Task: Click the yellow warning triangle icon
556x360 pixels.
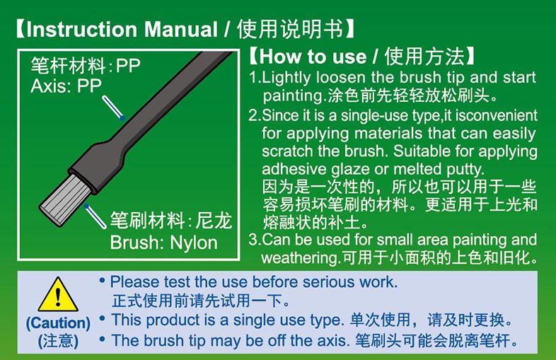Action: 58,295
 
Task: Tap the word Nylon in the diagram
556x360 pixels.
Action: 194,243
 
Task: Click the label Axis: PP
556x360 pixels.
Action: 66,86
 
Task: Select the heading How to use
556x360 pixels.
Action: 313,57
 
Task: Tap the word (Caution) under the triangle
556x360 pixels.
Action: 58,323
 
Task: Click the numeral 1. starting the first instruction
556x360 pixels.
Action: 255,77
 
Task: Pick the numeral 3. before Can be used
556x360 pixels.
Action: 255,240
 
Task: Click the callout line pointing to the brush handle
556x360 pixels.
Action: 113,108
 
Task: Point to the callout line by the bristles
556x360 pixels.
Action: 95,216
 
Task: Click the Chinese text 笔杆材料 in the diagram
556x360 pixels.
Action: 68,66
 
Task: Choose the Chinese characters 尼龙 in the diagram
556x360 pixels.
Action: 214,221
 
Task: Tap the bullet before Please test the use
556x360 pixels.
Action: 103,281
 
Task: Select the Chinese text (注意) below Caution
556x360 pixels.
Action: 58,341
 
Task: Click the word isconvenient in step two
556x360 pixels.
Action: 496,115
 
